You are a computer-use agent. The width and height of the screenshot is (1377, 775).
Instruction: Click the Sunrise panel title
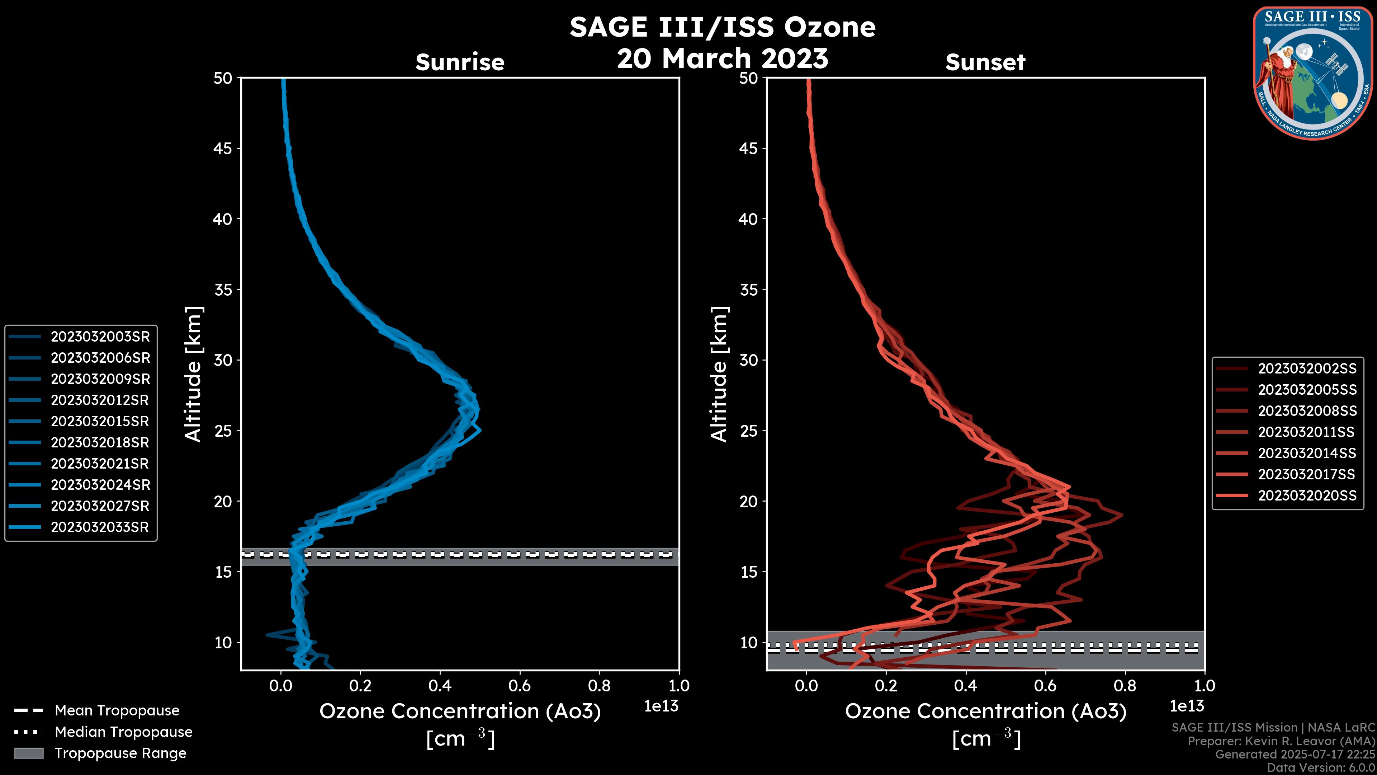[x=460, y=62]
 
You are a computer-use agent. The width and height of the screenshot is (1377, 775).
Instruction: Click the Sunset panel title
[x=985, y=62]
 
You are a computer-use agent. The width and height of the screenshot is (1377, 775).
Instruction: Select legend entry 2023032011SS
[x=1306, y=432]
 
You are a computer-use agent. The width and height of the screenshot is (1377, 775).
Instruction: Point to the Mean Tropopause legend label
[x=117, y=710]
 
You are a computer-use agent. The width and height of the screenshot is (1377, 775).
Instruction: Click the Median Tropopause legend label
[x=123, y=732]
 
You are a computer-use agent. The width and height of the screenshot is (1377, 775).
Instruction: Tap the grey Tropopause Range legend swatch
[x=29, y=753]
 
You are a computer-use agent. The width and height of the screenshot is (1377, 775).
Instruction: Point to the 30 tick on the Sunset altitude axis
[x=748, y=360]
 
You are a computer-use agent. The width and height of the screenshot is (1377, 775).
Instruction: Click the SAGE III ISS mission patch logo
[x=1313, y=73]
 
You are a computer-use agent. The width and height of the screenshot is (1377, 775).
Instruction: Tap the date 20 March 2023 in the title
[x=722, y=58]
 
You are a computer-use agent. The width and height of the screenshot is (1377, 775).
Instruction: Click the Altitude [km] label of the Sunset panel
[x=719, y=374]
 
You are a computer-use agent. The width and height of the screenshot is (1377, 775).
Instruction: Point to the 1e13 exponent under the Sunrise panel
[x=661, y=706]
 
